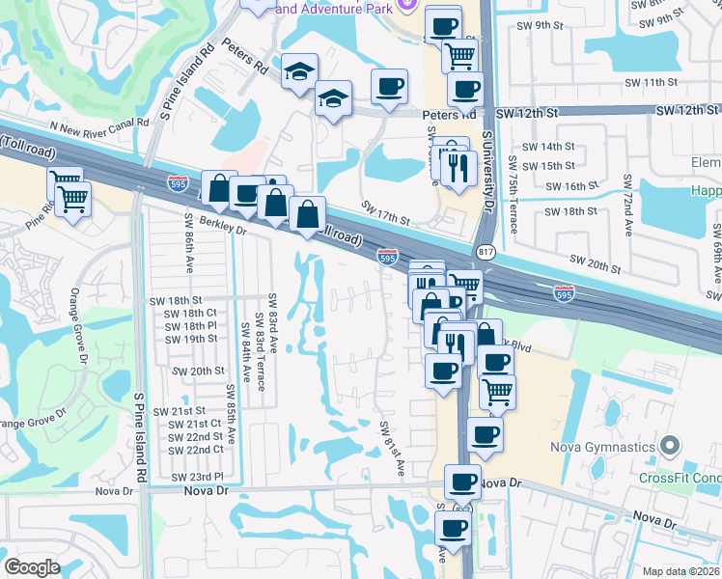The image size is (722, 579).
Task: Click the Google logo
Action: (32, 567)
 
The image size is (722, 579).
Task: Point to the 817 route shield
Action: (485, 252)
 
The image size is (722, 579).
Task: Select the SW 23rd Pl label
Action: (197, 477)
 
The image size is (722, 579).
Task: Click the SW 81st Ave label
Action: (391, 447)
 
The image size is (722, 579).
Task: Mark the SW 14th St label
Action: (552, 147)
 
